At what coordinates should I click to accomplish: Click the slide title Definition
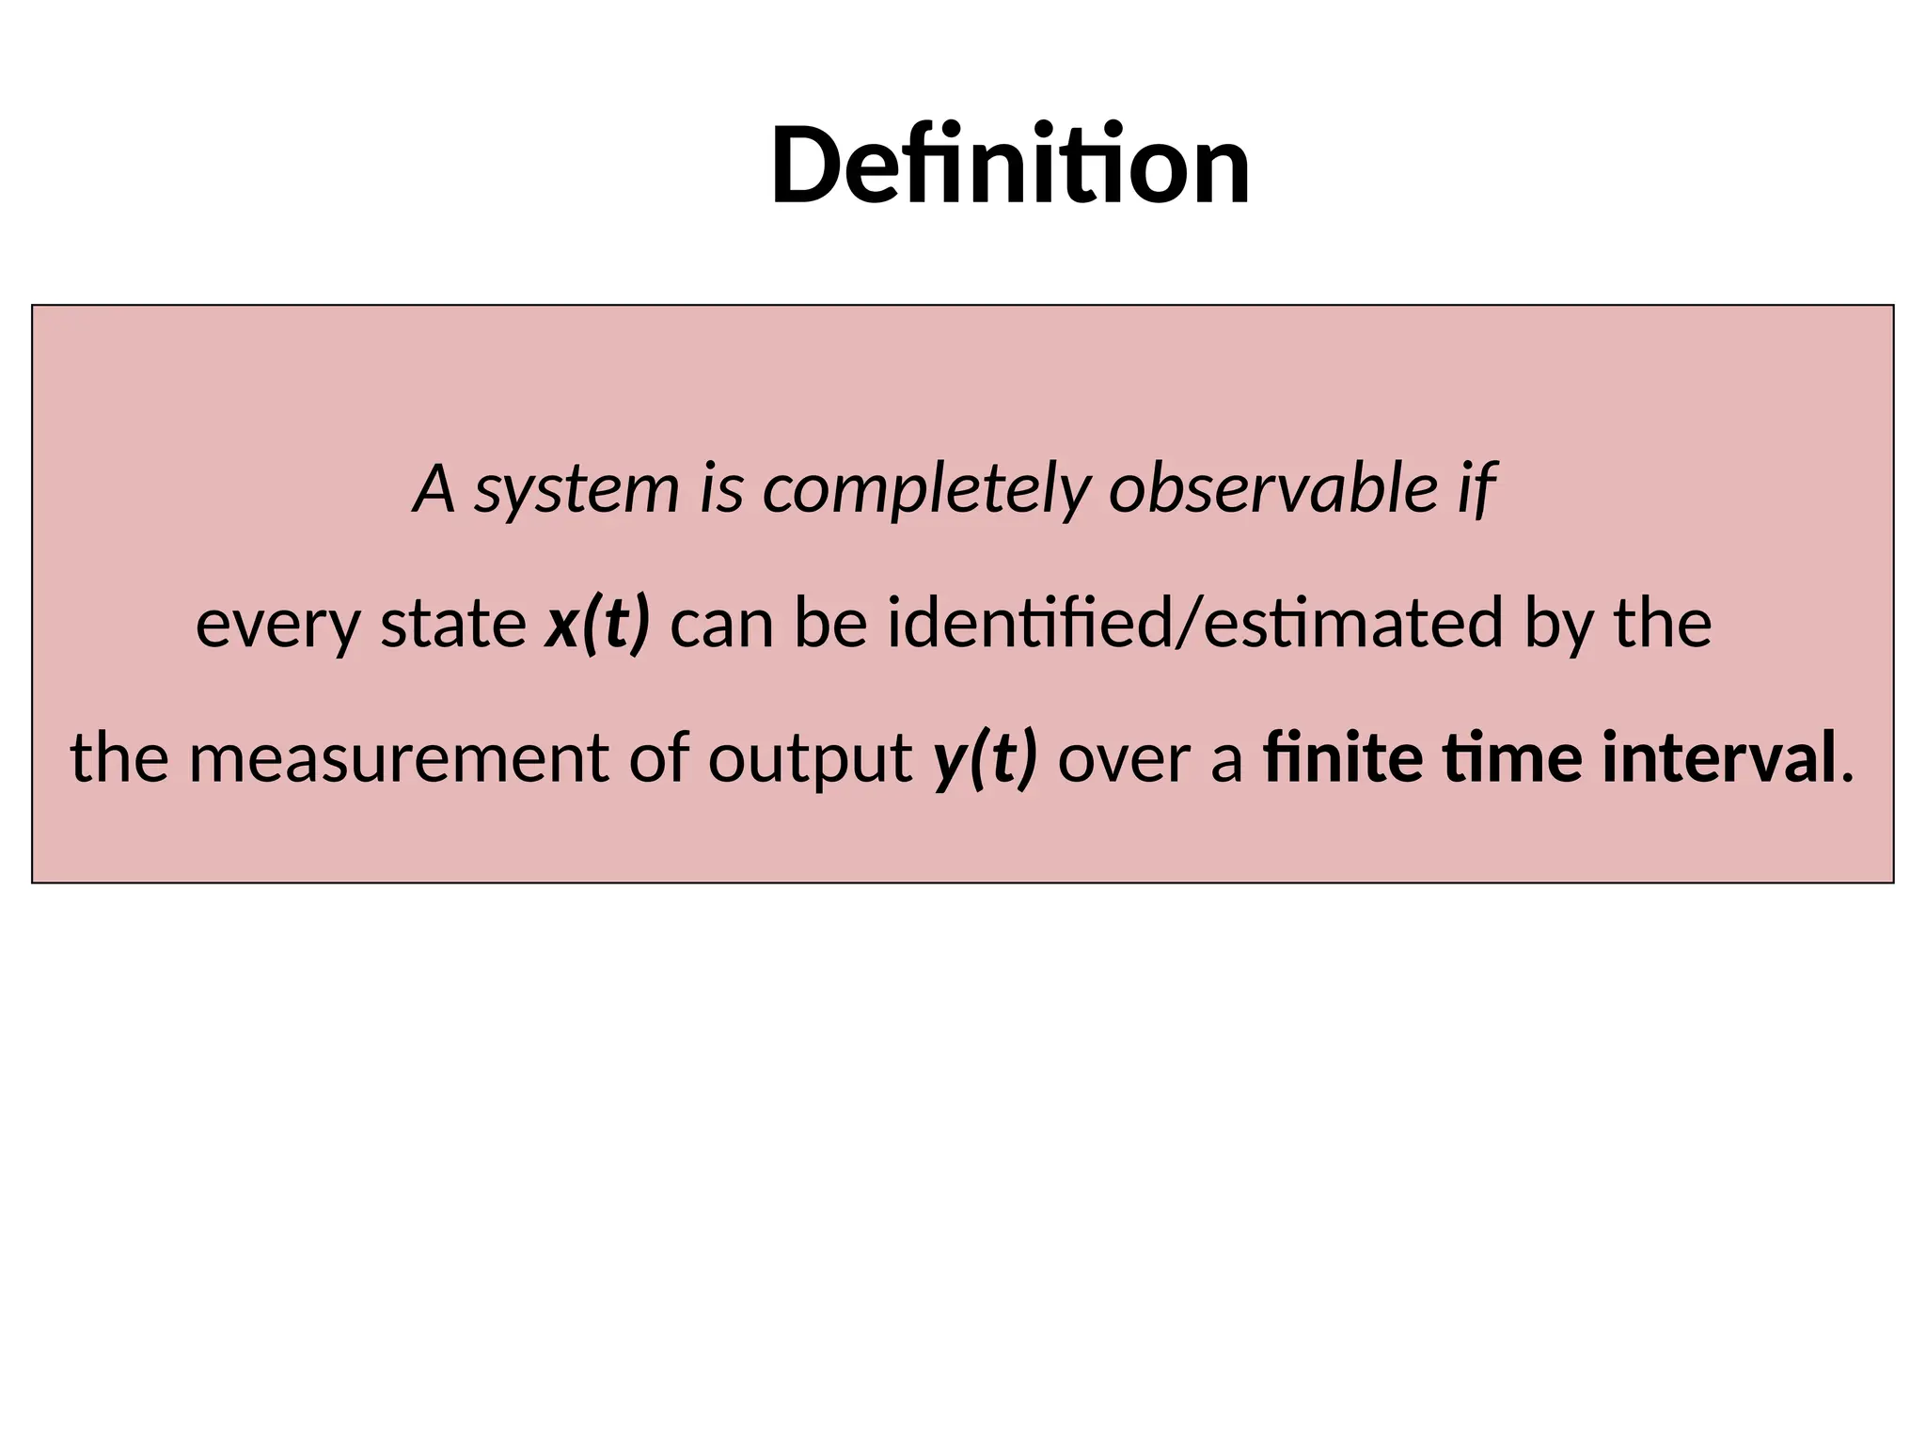pyautogui.click(x=1010, y=167)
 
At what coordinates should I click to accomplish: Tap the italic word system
pyautogui.click(x=576, y=490)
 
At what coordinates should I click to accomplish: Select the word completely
pyautogui.click(x=926, y=490)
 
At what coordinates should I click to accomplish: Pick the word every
pyautogui.click(x=277, y=625)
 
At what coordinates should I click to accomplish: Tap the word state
pyautogui.click(x=453, y=624)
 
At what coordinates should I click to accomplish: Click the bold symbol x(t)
pyautogui.click(x=597, y=625)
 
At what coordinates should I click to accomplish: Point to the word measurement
pyautogui.click(x=399, y=758)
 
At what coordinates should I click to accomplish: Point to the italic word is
pyautogui.click(x=721, y=490)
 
